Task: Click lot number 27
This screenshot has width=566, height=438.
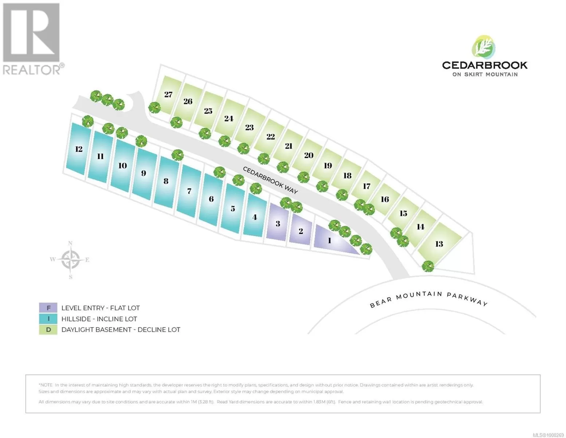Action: pyautogui.click(x=168, y=95)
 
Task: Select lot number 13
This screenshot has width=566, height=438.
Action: pyautogui.click(x=439, y=244)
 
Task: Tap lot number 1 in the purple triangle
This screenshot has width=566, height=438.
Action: pyautogui.click(x=329, y=240)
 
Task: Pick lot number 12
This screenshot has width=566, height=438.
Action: pyautogui.click(x=79, y=149)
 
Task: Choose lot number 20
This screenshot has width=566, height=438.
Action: pyautogui.click(x=309, y=155)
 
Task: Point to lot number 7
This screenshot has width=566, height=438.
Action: pyautogui.click(x=190, y=191)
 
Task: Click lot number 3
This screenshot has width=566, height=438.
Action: pyautogui.click(x=278, y=224)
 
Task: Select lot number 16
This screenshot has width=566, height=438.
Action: pyautogui.click(x=385, y=199)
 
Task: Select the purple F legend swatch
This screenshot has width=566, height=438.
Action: pyautogui.click(x=48, y=308)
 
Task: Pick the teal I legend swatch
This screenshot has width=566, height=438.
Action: pyautogui.click(x=48, y=319)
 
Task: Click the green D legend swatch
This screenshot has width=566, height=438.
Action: pyautogui.click(x=48, y=330)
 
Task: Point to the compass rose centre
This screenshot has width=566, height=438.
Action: pyautogui.click(x=70, y=260)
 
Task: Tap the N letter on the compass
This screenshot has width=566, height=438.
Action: pyautogui.click(x=70, y=243)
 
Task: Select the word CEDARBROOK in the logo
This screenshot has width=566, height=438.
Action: pyautogui.click(x=485, y=65)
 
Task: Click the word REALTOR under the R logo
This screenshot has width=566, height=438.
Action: pyautogui.click(x=32, y=70)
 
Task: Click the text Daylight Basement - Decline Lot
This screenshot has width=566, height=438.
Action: pyautogui.click(x=121, y=330)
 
